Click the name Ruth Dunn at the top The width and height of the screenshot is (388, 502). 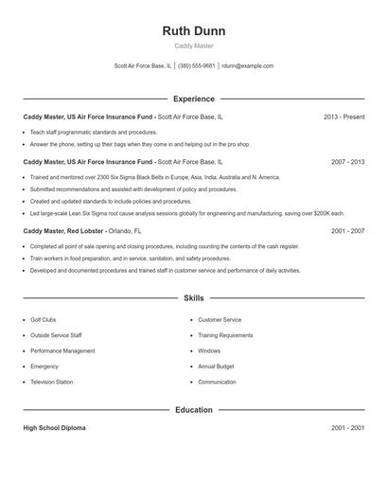click(x=194, y=30)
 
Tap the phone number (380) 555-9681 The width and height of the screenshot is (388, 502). click(x=197, y=66)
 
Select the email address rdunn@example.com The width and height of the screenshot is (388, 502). click(x=248, y=66)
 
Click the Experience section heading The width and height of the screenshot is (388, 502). click(x=194, y=99)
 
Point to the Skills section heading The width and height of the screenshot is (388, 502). click(x=194, y=298)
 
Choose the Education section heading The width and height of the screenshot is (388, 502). click(x=194, y=410)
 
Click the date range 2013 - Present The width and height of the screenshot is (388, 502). click(x=344, y=117)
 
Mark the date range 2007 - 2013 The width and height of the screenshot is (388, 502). click(x=347, y=162)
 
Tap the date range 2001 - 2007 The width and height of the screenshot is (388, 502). click(x=347, y=231)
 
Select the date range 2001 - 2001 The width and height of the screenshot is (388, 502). click(x=347, y=428)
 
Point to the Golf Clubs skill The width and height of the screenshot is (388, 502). click(x=44, y=320)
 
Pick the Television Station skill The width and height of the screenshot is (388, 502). click(x=51, y=382)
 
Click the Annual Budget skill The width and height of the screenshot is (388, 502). click(x=216, y=367)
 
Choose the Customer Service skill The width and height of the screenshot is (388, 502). click(x=220, y=320)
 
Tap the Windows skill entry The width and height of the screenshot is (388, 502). click(x=209, y=350)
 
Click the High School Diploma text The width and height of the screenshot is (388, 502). click(x=54, y=428)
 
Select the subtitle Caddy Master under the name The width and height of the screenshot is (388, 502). click(x=194, y=46)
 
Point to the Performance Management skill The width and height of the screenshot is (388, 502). click(x=62, y=350)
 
